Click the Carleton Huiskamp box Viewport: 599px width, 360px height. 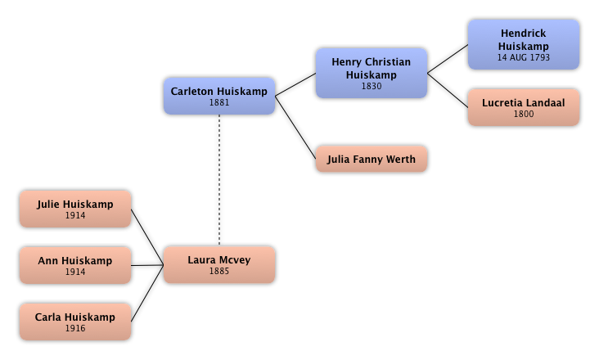point(218,96)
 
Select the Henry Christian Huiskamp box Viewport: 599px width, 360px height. point(371,73)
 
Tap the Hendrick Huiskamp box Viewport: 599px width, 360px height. point(523,45)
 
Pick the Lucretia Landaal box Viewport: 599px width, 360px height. point(523,108)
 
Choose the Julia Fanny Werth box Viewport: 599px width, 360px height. point(371,159)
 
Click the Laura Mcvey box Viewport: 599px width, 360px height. point(218,265)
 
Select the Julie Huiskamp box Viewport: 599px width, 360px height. point(74,209)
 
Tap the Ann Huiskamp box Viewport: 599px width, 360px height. point(74,265)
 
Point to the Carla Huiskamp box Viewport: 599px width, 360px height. point(74,322)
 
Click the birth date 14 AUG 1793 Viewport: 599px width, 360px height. point(523,58)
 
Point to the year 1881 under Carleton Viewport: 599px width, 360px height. point(218,103)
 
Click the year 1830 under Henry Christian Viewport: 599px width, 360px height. point(371,86)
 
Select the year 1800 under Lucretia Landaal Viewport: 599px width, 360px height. point(523,115)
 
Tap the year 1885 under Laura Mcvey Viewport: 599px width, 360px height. point(218,272)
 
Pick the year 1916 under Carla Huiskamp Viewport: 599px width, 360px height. point(74,328)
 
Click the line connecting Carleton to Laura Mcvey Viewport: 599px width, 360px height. point(219,180)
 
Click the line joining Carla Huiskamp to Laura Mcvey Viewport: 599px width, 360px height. point(147,295)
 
